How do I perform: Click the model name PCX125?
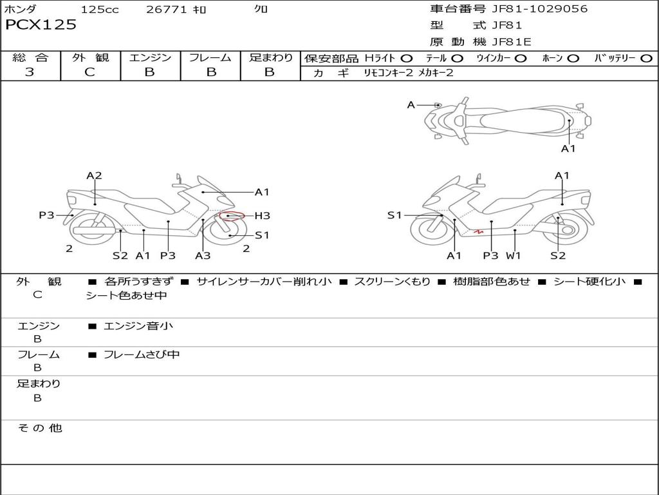click(x=41, y=25)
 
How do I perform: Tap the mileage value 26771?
click(x=166, y=10)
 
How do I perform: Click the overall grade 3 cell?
click(x=30, y=72)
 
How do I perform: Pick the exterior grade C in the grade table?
click(x=89, y=72)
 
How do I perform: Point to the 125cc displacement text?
click(x=100, y=10)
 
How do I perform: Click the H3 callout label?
click(x=262, y=216)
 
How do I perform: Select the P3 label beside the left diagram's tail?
click(x=46, y=215)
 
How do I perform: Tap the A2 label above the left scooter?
click(x=95, y=175)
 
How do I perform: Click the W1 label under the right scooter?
click(x=513, y=256)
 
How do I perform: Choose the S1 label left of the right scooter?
click(x=394, y=215)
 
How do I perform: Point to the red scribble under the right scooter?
click(x=478, y=231)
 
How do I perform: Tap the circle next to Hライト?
click(x=407, y=59)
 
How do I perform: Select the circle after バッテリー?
click(x=646, y=59)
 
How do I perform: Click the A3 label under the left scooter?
click(x=203, y=256)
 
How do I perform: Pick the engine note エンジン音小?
click(x=138, y=326)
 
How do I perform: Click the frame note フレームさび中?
click(x=142, y=354)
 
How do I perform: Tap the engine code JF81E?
click(x=512, y=42)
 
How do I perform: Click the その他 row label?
click(x=39, y=428)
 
